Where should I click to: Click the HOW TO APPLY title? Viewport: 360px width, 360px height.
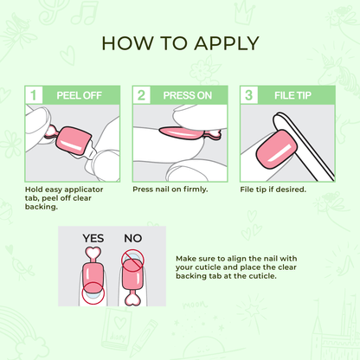(x=180, y=43)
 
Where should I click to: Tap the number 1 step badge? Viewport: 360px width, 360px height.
(x=32, y=94)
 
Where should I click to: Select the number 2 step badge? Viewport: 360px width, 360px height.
(x=139, y=94)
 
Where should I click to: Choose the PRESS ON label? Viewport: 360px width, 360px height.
(x=185, y=94)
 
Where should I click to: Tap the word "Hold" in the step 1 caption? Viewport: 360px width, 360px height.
(x=35, y=188)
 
